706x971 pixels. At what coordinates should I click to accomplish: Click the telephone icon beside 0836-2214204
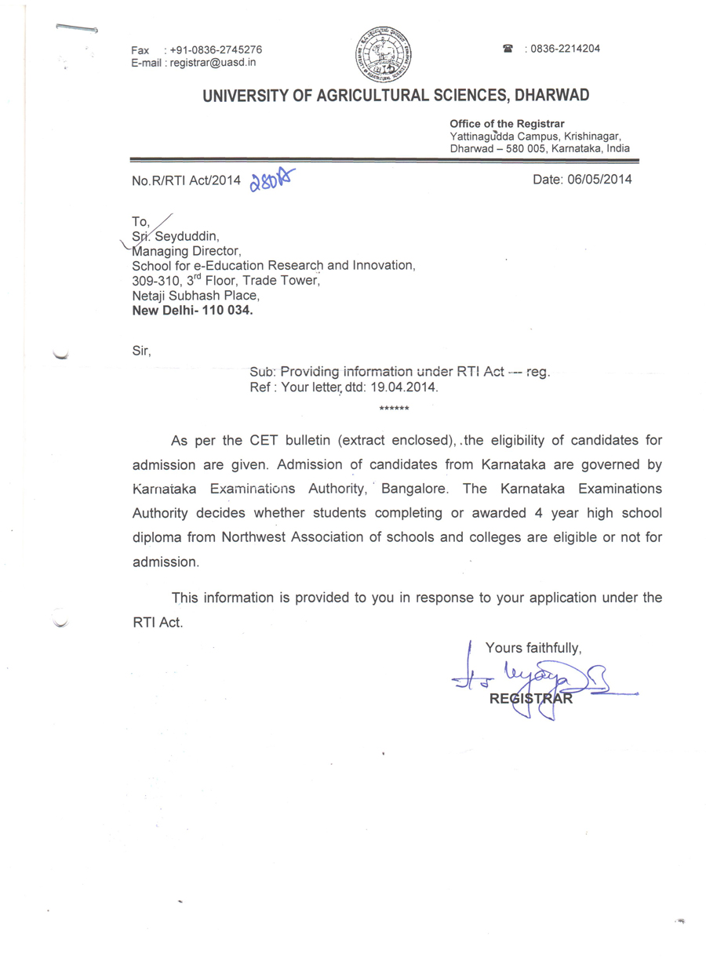coord(508,49)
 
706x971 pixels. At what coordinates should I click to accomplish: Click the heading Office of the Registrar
coord(507,124)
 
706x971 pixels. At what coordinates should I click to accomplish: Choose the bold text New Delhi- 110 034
coord(193,309)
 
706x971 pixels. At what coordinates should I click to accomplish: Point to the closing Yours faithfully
coord(533,648)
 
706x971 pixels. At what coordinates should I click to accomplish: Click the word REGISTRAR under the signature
coord(530,699)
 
